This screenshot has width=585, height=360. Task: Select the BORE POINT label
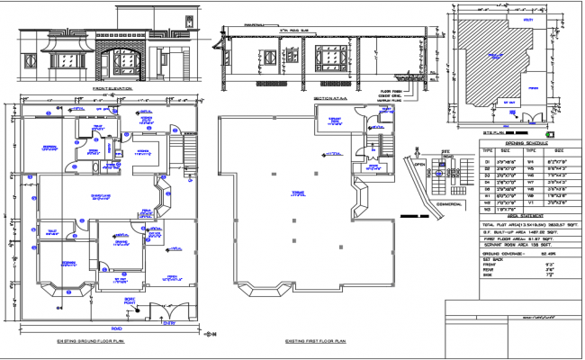tap(129, 301)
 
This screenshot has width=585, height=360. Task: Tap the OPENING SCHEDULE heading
tap(527, 142)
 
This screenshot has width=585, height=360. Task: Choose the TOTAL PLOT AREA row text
tap(526, 223)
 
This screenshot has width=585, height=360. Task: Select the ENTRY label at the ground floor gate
tap(164, 322)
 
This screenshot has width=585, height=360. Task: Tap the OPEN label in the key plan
tap(419, 165)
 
